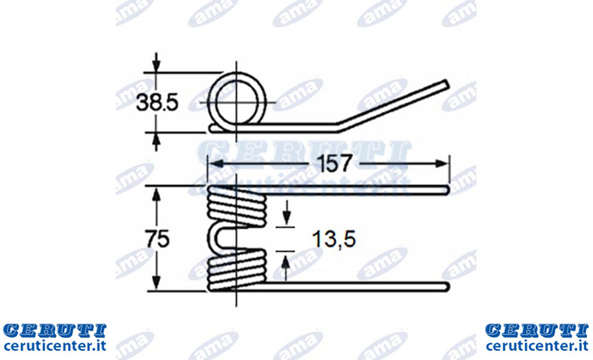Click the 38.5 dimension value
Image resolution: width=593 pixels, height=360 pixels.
coord(157,102)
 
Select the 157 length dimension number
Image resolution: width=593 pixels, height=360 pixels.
coord(334,163)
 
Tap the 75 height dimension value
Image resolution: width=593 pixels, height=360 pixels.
coord(157,239)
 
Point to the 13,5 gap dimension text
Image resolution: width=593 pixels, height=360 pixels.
coord(334,239)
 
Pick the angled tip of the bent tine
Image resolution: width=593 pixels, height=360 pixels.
coord(447,84)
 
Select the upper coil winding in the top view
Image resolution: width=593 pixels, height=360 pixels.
coord(236,208)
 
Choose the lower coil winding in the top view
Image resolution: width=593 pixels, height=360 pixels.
coord(236,270)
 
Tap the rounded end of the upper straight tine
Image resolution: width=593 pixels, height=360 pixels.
coord(447,190)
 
